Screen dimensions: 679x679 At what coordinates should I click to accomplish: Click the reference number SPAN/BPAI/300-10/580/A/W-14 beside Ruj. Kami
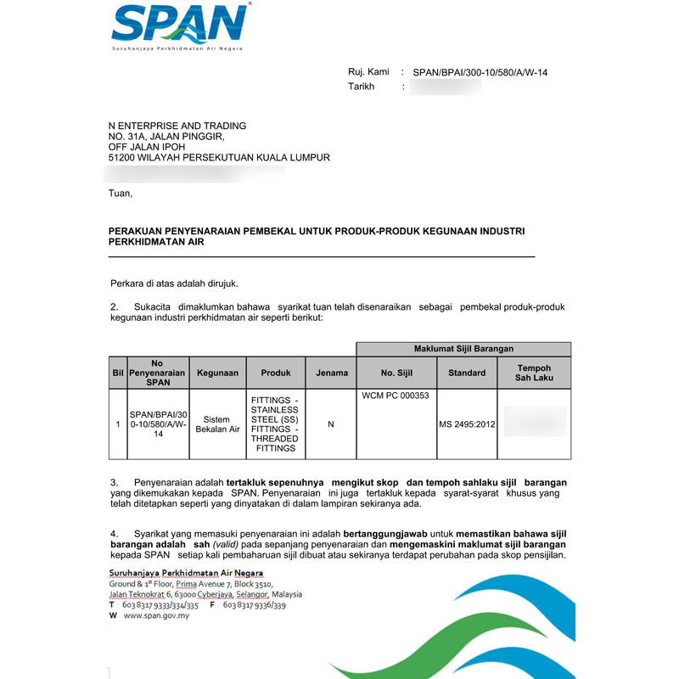(480, 73)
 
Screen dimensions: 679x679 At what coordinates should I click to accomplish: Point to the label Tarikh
(361, 87)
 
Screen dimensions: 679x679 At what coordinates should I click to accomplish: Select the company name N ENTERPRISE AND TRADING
(177, 126)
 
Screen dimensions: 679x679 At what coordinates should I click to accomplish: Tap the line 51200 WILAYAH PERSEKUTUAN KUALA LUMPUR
(219, 158)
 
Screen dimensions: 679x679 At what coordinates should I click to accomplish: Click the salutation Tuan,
(121, 194)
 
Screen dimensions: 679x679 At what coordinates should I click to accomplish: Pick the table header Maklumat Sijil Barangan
(463, 349)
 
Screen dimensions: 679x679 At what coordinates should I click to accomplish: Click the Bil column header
(117, 373)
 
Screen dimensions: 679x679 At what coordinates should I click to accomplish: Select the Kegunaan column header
(217, 373)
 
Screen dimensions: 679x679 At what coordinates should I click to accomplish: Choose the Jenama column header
(331, 373)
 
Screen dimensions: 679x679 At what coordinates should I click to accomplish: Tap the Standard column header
(467, 373)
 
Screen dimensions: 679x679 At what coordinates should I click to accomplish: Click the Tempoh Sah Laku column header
(534, 373)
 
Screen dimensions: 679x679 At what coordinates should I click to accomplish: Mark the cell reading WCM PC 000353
(396, 396)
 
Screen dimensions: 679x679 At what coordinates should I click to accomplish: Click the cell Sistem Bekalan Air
(217, 424)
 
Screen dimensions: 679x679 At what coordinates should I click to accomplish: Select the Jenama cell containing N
(331, 424)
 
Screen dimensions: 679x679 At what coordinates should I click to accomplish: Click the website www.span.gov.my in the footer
(156, 616)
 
